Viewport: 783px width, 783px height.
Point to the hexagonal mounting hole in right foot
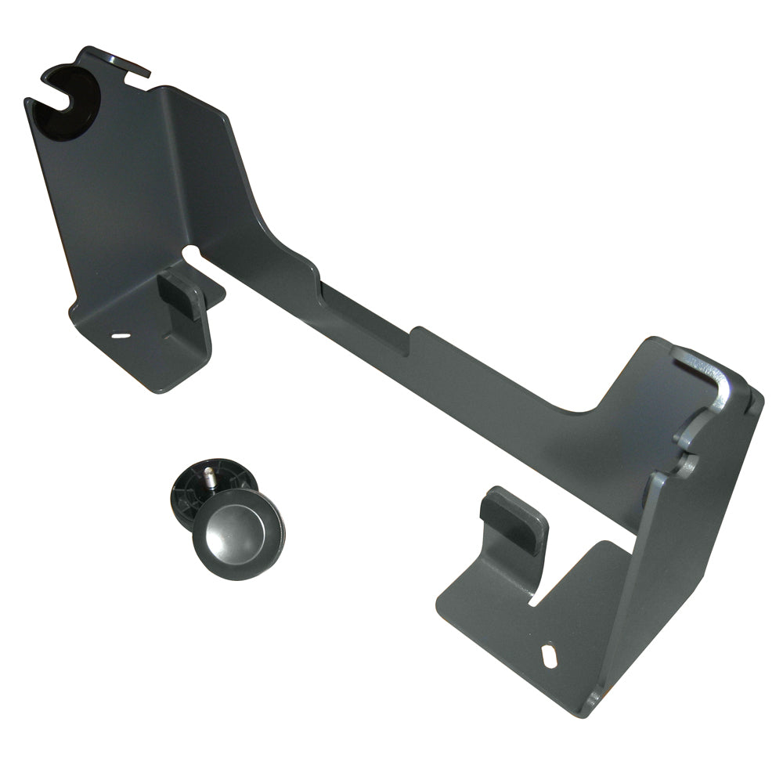(550, 653)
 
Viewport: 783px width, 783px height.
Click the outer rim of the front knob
(266, 548)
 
